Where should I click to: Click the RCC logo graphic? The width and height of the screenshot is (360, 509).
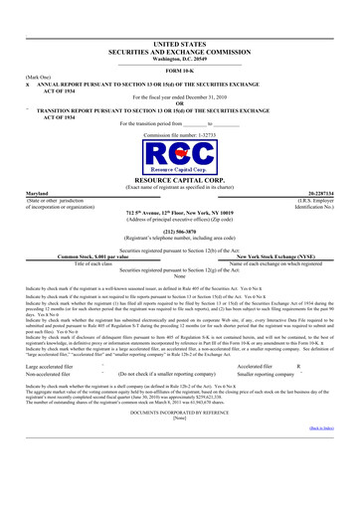[x=180, y=154]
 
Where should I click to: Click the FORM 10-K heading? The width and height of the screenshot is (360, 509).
[x=180, y=72]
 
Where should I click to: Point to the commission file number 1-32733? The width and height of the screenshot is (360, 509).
[x=180, y=131]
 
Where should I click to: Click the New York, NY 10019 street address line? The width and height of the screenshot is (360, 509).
[x=180, y=213]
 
